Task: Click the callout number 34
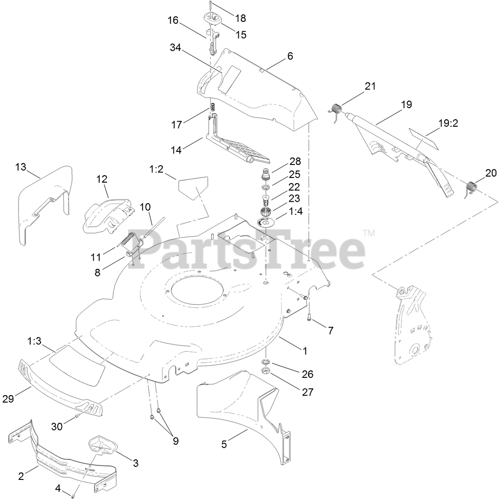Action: point(175,47)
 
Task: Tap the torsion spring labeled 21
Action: point(337,110)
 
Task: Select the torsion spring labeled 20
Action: point(472,187)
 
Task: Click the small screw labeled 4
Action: point(74,495)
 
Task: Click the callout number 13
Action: point(21,166)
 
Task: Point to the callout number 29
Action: point(21,398)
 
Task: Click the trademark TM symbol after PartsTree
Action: point(368,232)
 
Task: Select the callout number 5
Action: point(224,444)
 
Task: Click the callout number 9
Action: point(175,440)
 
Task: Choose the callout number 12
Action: point(102,178)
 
